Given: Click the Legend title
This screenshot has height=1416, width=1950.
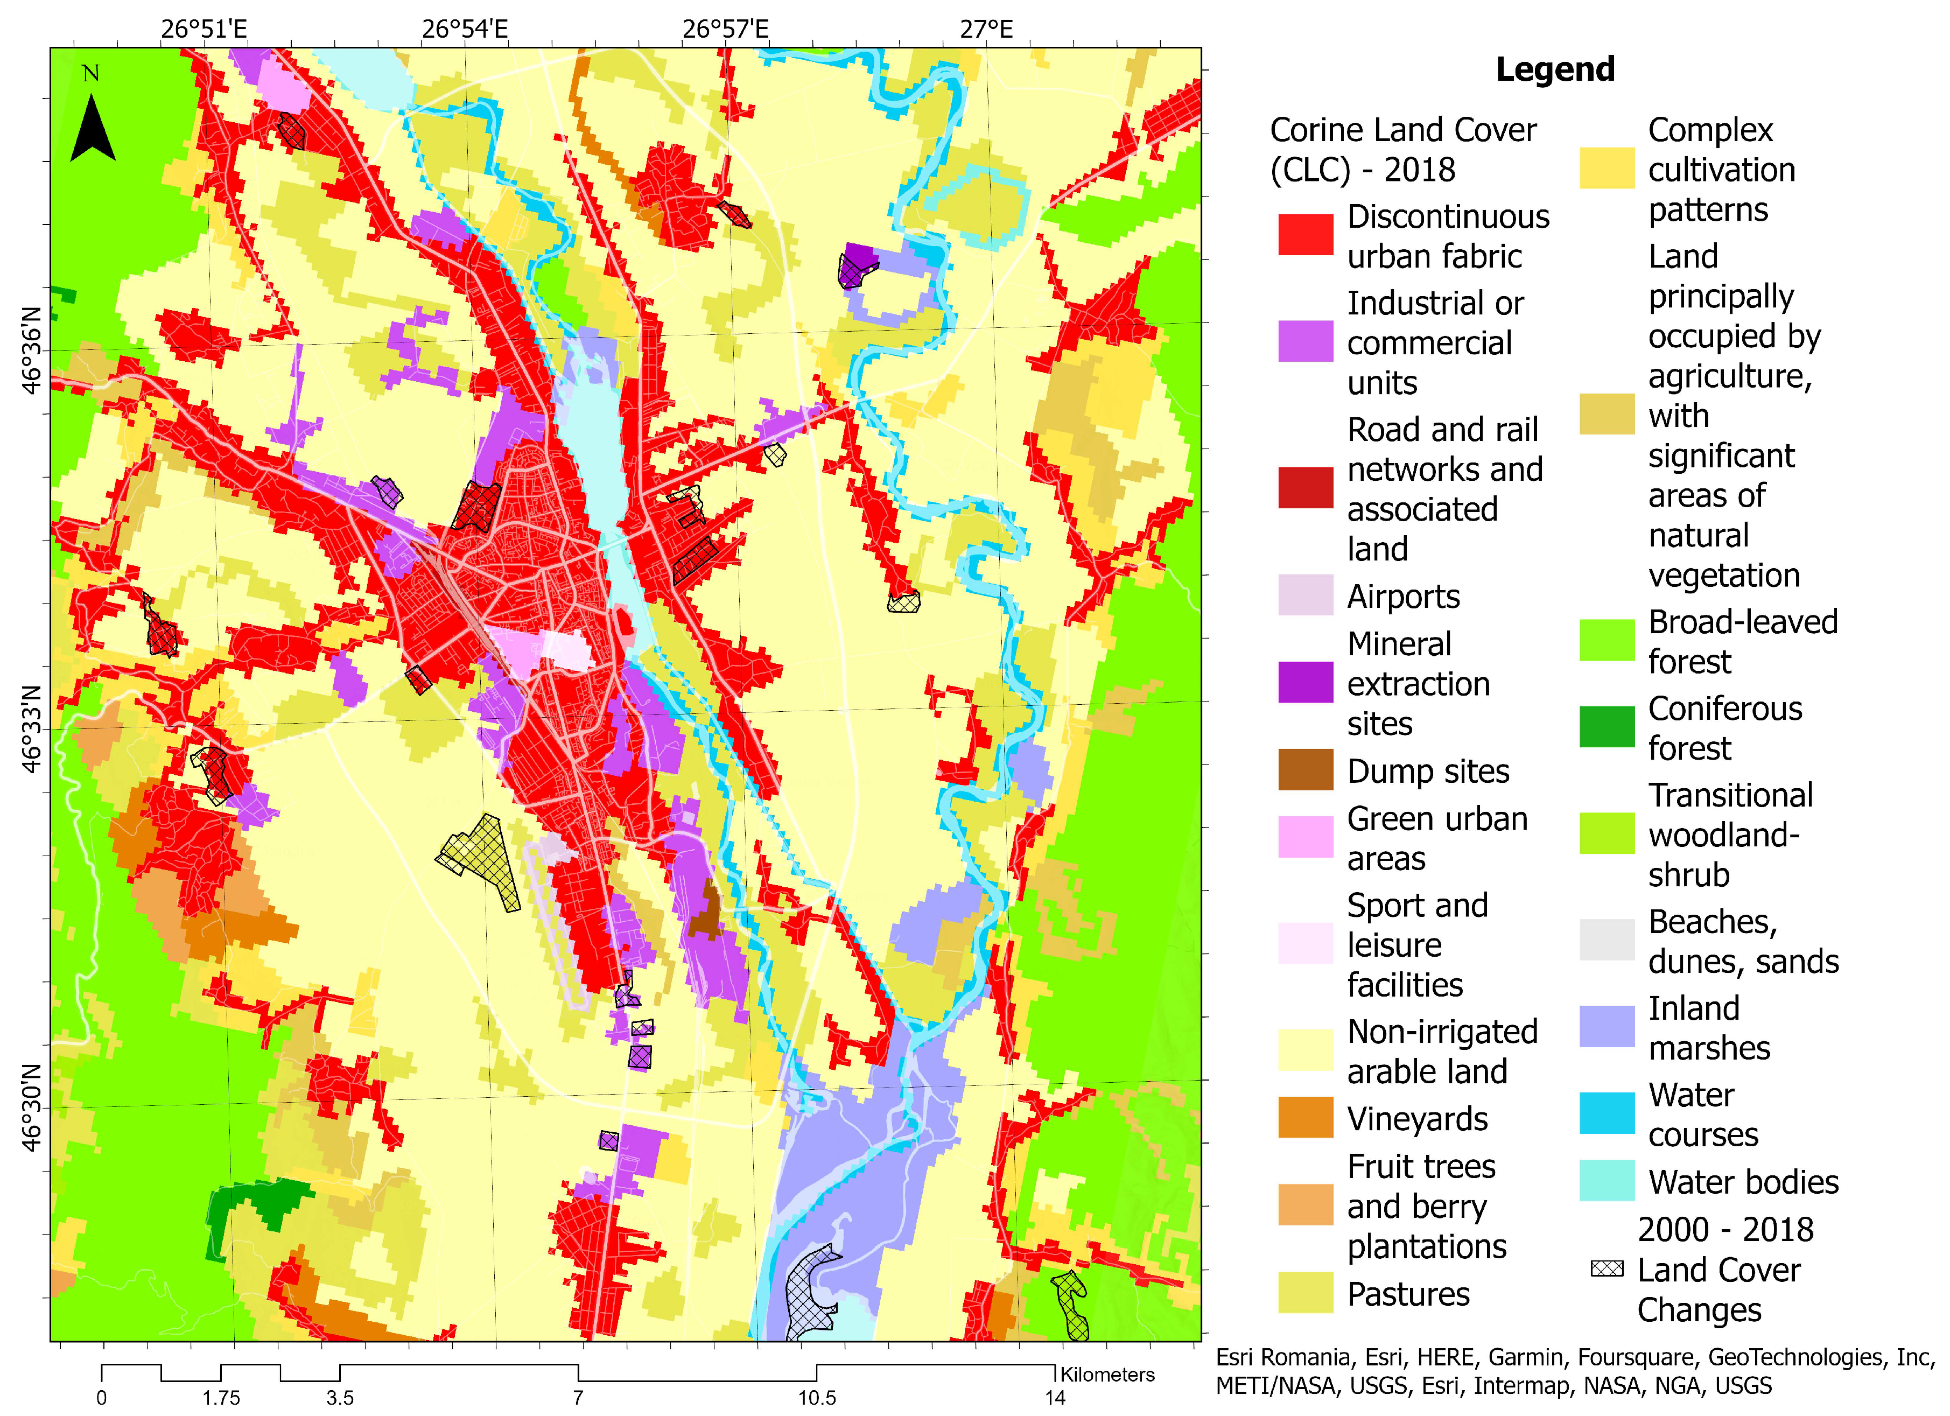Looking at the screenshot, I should (1554, 69).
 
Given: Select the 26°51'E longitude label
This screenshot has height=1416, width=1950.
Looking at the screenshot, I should (204, 29).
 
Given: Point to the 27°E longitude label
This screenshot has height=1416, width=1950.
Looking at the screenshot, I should (986, 29).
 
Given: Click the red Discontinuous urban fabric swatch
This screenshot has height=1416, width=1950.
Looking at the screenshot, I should (1304, 235).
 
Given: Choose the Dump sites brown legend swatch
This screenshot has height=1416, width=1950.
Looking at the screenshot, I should (1304, 769).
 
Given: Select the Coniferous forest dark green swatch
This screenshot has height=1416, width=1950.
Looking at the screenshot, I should (1606, 726).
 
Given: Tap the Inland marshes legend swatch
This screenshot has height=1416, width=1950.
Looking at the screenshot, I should (1606, 1027).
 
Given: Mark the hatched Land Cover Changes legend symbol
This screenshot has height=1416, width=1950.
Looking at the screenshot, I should (1606, 1269).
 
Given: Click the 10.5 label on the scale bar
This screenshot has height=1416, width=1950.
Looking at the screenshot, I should (816, 1397).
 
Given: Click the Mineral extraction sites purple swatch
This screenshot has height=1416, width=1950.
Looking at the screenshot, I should (1304, 682).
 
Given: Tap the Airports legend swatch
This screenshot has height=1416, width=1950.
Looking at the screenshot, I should (1304, 595).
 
